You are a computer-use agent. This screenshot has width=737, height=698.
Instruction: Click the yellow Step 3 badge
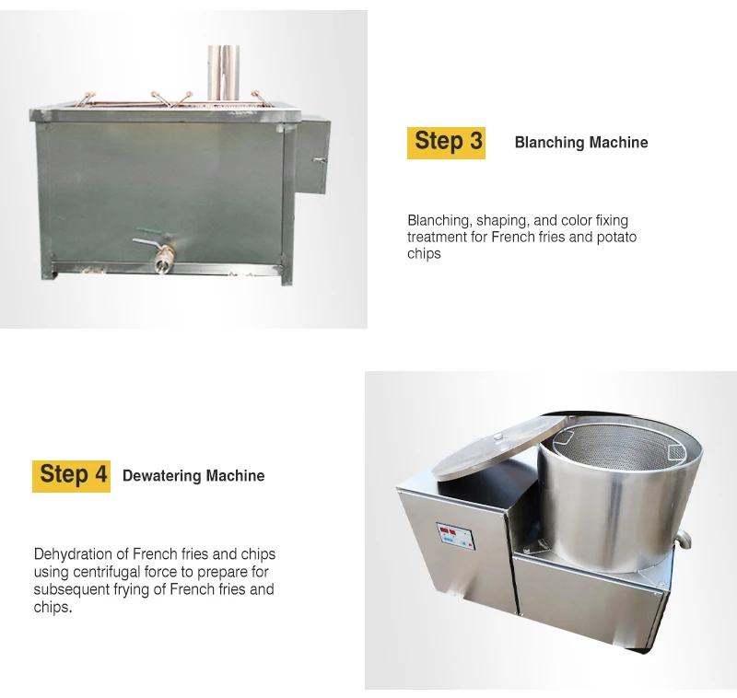(x=446, y=141)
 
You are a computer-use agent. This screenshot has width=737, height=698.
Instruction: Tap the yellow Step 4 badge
(x=72, y=474)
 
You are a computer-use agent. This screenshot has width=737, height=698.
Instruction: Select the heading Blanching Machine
(x=580, y=143)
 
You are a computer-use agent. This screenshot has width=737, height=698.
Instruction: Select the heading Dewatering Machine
(x=193, y=476)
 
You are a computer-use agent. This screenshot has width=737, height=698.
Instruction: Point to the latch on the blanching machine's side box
(x=319, y=161)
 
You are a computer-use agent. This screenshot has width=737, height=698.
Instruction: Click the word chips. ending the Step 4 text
(x=53, y=608)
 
